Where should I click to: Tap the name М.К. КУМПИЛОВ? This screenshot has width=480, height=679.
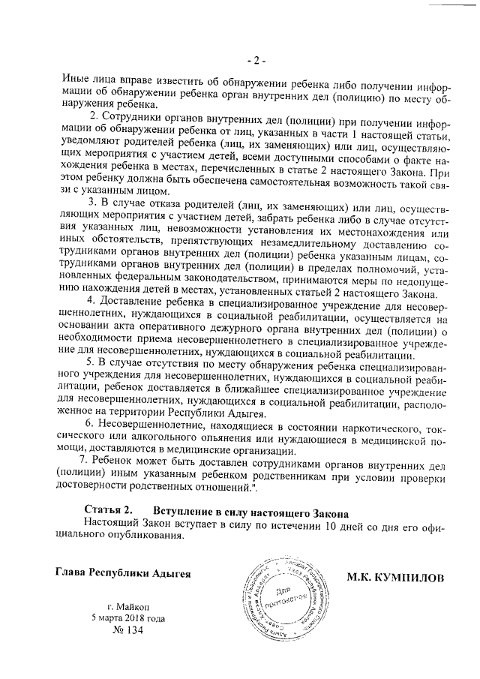coord(394,578)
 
